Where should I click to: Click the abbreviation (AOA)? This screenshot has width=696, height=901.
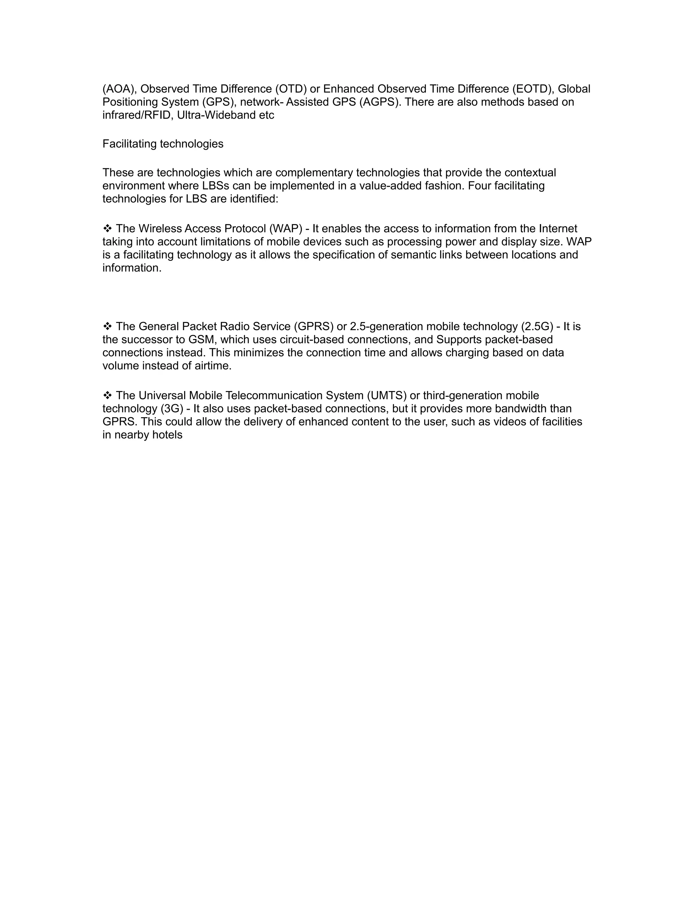pyautogui.click(x=120, y=89)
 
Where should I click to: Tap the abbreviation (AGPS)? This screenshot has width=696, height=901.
pyautogui.click(x=379, y=102)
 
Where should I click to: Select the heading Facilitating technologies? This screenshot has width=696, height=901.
pyautogui.click(x=163, y=144)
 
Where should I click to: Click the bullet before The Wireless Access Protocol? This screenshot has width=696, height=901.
pyautogui.click(x=107, y=228)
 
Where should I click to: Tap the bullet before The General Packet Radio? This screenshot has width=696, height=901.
pyautogui.click(x=107, y=326)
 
